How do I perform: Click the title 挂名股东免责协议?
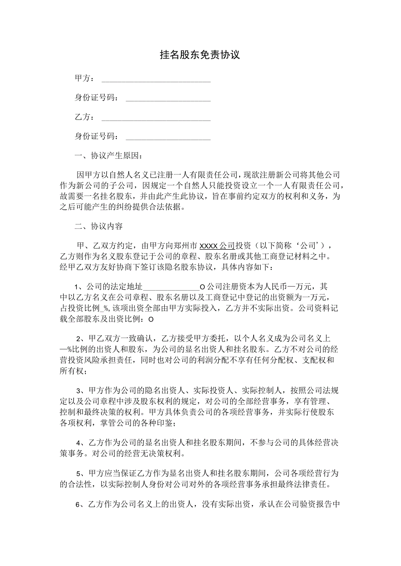pyautogui.click(x=200, y=55)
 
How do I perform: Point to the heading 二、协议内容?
pyautogui.click(x=99, y=227)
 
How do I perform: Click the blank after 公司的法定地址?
pyautogui.click(x=170, y=288)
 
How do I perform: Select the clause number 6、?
pyautogui.click(x=80, y=505)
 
